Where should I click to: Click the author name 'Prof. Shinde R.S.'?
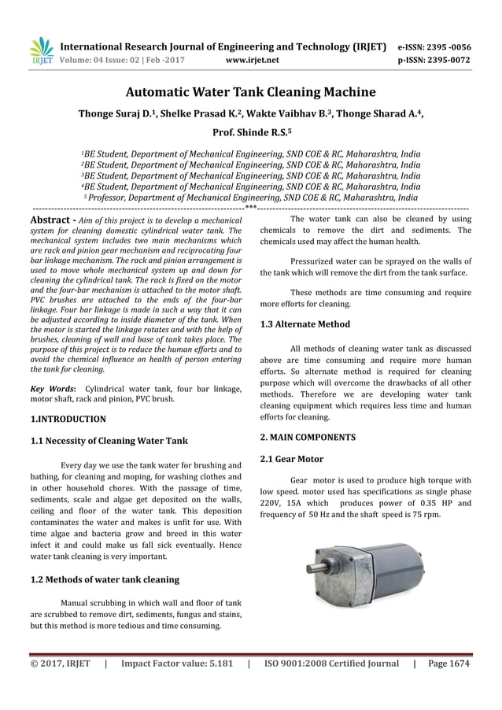point(250,133)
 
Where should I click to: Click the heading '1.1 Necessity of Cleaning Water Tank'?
point(108,440)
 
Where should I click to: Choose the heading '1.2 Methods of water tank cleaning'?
point(104,579)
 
